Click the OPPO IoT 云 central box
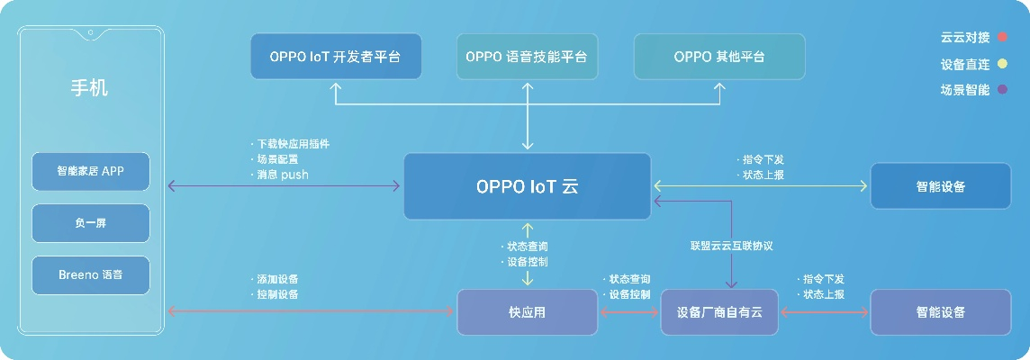point(527,186)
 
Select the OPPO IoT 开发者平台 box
point(335,57)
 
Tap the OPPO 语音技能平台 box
point(527,57)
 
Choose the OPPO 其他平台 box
point(719,57)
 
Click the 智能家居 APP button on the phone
point(90,171)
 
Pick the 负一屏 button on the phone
point(90,222)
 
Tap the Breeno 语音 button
point(90,274)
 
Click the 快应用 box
point(527,312)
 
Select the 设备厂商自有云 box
point(719,312)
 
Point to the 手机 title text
point(90,88)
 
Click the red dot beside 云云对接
point(1002,38)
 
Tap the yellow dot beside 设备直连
point(1002,64)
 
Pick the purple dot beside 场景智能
point(1002,90)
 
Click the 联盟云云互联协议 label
point(732,246)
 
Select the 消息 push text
point(282,175)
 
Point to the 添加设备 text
point(276,279)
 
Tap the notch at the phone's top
point(90,36)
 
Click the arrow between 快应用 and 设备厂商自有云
point(629,312)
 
